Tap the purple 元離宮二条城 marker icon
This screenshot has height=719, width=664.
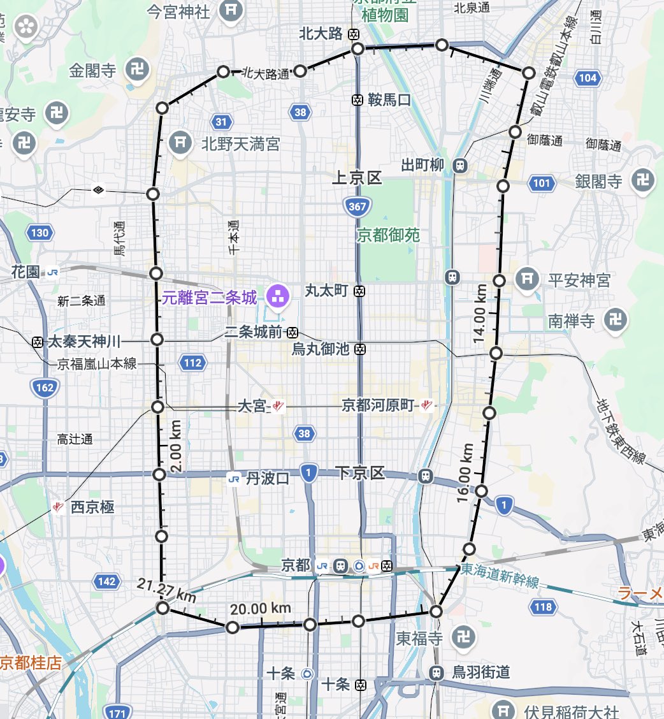277,296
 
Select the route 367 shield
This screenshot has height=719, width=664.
357,206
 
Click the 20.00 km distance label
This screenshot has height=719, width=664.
261,609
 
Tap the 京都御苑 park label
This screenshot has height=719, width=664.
388,235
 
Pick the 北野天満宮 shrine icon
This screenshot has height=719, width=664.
181,143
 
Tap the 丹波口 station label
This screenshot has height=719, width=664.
268,479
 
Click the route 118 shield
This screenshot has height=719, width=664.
543,607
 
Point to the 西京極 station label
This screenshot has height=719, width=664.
92,507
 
